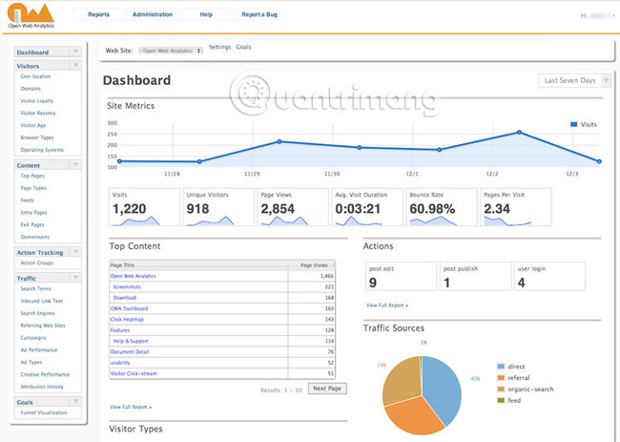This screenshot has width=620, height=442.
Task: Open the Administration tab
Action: (153, 15)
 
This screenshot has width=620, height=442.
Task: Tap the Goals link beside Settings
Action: (243, 47)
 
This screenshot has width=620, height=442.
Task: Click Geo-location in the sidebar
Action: (36, 76)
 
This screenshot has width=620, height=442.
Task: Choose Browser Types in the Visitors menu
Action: (38, 137)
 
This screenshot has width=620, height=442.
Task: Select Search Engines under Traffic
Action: (39, 313)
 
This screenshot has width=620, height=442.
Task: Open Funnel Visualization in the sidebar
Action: (43, 412)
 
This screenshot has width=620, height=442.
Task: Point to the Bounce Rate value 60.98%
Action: (432, 209)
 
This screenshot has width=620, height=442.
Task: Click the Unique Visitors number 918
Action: (198, 209)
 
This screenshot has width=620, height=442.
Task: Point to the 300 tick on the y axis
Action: (112, 123)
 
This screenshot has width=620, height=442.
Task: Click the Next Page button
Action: (326, 389)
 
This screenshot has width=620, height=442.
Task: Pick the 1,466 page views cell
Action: (324, 275)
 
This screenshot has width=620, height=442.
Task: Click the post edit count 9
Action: (374, 283)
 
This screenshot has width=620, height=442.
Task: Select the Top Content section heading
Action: (134, 246)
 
